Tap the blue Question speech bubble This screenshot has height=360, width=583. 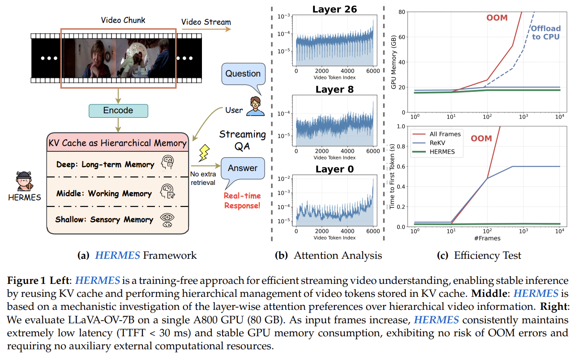click(243, 74)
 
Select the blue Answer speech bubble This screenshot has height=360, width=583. click(243, 168)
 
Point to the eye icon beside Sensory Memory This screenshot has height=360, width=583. click(167, 219)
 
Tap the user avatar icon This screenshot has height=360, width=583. click(255, 106)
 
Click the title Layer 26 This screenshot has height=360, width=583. click(335, 9)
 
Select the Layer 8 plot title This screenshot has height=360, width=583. click(334, 89)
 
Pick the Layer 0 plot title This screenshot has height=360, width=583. click(334, 169)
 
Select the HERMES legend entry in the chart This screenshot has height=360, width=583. click(442, 151)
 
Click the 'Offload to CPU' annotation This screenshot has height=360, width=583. click(546, 32)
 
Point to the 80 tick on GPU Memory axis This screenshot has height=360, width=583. click(404, 12)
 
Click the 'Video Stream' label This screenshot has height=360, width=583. click(206, 22)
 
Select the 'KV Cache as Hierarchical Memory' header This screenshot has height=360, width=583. click(117, 143)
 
